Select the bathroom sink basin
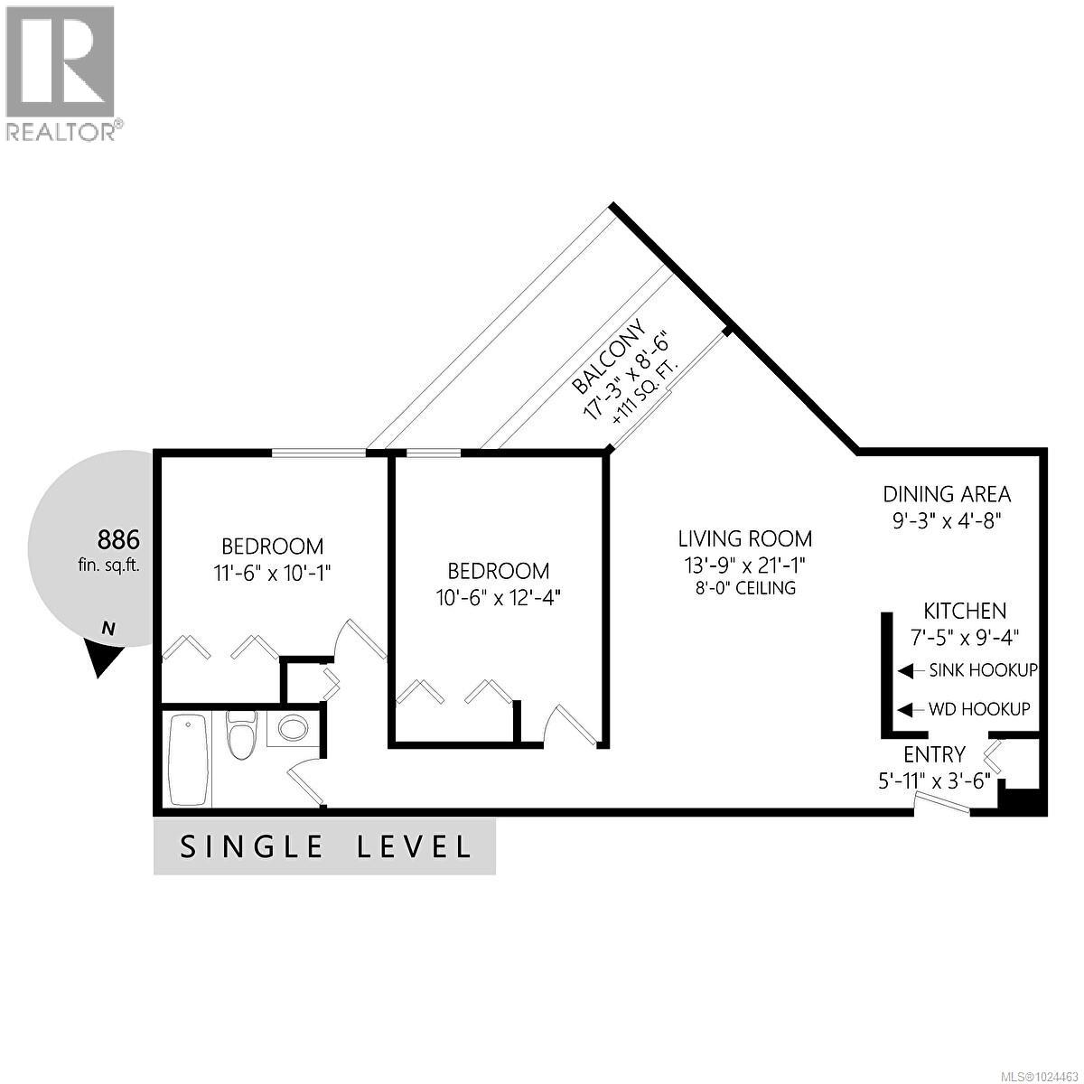click(292, 728)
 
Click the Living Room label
click(745, 539)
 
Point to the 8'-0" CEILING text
click(745, 588)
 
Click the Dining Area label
click(947, 494)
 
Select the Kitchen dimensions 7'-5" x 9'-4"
click(964, 636)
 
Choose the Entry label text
click(934, 754)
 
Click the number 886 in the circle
click(118, 540)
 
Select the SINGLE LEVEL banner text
click(326, 847)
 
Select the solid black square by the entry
click(1024, 801)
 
